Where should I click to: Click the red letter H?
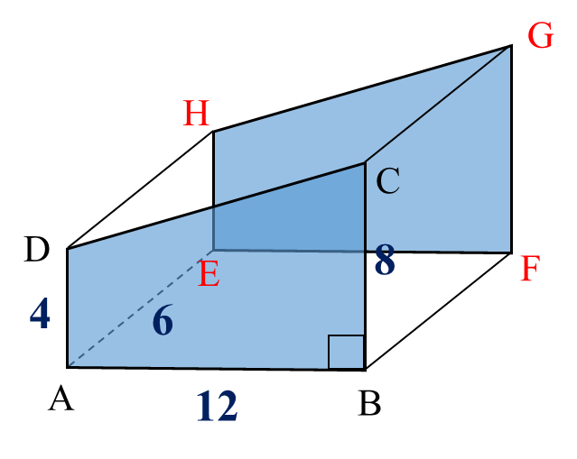pos(196,115)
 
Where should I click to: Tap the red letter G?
pos(540,36)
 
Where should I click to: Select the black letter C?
pos(387,182)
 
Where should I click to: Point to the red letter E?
pos(209,274)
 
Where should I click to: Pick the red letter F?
pos(530,270)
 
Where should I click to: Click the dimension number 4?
pos(40,315)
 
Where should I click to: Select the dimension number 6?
pos(163,321)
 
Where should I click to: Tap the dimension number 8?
pos(385,262)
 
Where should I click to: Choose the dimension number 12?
pos(216,407)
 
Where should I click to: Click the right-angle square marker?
pos(346,352)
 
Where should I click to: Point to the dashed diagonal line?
pos(140,308)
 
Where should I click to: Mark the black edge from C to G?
pos(437,106)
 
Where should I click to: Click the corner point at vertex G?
pos(510,47)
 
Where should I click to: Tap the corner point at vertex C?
pos(365,163)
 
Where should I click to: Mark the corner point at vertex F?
pos(510,252)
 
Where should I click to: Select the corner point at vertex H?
pos(214,133)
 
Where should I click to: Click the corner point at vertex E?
pos(214,250)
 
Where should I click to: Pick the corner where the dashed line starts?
pos(69,365)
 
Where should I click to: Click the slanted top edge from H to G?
pos(361,90)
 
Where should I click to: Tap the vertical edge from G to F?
pos(510,149)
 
